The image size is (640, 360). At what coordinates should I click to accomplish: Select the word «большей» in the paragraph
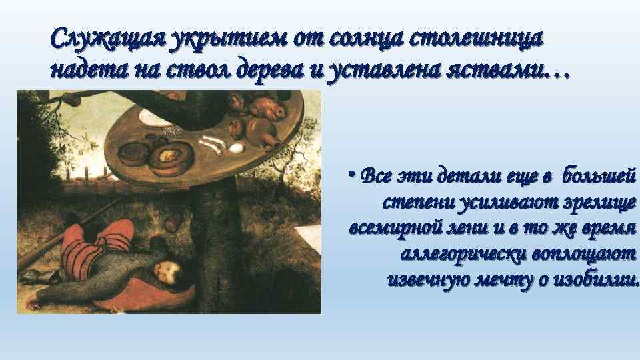(x=599, y=176)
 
